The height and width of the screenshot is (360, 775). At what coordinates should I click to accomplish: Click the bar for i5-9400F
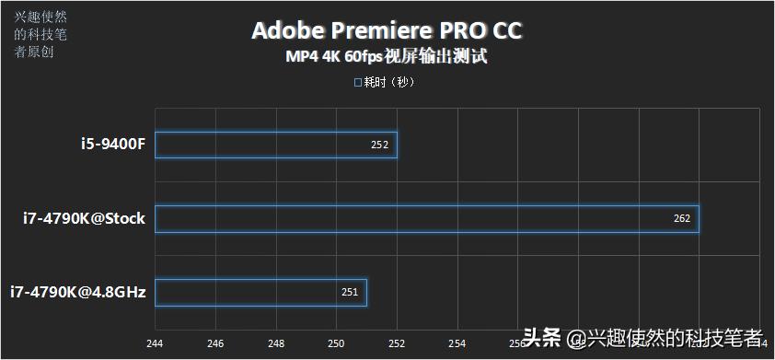click(276, 145)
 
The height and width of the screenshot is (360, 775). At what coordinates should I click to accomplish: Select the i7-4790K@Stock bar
click(427, 218)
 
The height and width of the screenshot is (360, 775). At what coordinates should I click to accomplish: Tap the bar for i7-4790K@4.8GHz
click(261, 292)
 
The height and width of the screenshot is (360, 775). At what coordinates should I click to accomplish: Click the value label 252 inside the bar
click(379, 145)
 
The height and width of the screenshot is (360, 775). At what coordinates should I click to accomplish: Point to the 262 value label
click(681, 218)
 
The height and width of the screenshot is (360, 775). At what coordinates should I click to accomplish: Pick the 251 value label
click(350, 292)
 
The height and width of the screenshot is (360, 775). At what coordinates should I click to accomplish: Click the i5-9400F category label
click(112, 145)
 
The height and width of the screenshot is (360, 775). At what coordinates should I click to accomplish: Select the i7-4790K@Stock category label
click(85, 219)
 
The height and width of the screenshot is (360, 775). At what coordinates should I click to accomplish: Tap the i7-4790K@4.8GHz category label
click(78, 293)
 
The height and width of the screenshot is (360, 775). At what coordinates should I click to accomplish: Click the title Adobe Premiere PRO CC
click(387, 30)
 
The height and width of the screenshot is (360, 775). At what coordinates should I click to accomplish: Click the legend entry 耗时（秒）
click(386, 82)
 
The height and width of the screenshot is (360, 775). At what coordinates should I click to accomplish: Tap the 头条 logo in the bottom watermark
click(542, 337)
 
